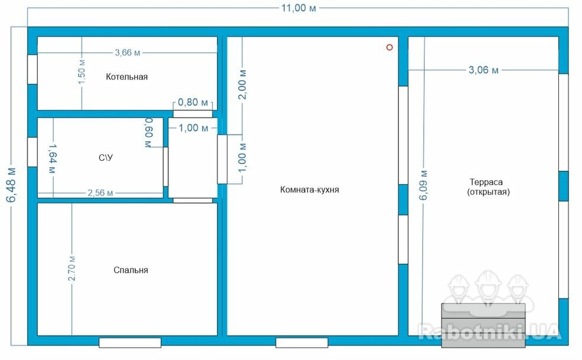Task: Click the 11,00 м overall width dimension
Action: [x=298, y=8]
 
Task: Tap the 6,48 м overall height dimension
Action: [x=11, y=185]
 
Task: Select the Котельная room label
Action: [x=126, y=77]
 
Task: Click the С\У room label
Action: [x=106, y=158]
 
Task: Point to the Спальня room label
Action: [x=131, y=270]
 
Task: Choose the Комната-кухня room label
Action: [x=309, y=190]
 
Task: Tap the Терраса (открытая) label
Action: [x=488, y=187]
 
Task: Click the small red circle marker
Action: [x=389, y=47]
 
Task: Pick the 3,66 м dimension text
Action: [x=128, y=53]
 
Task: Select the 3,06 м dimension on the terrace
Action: [x=483, y=70]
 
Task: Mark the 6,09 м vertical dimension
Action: [x=423, y=186]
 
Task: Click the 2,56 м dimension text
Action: [x=100, y=193]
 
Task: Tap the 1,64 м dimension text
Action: [x=52, y=159]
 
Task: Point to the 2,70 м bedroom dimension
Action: [x=71, y=268]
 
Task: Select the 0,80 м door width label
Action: [x=193, y=102]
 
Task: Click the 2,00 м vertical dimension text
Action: [x=242, y=85]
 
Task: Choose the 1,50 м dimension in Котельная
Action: [x=82, y=72]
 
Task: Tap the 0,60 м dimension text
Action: [x=148, y=132]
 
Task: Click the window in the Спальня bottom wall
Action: [x=130, y=342]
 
